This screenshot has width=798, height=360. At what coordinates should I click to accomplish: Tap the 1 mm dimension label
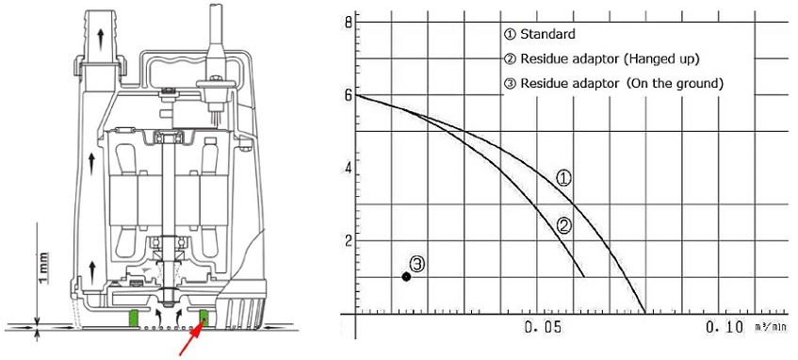click(43, 268)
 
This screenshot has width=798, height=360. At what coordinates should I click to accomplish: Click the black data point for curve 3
click(406, 276)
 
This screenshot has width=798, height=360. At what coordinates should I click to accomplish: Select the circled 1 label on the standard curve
click(563, 178)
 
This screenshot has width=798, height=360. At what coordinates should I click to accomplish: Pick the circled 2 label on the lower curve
click(562, 225)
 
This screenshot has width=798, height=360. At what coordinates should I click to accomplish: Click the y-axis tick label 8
click(348, 23)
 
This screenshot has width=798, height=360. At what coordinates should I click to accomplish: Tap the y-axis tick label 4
click(348, 168)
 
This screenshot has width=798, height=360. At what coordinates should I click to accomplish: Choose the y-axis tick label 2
click(348, 241)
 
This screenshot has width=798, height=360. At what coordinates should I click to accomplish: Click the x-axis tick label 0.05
click(544, 328)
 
